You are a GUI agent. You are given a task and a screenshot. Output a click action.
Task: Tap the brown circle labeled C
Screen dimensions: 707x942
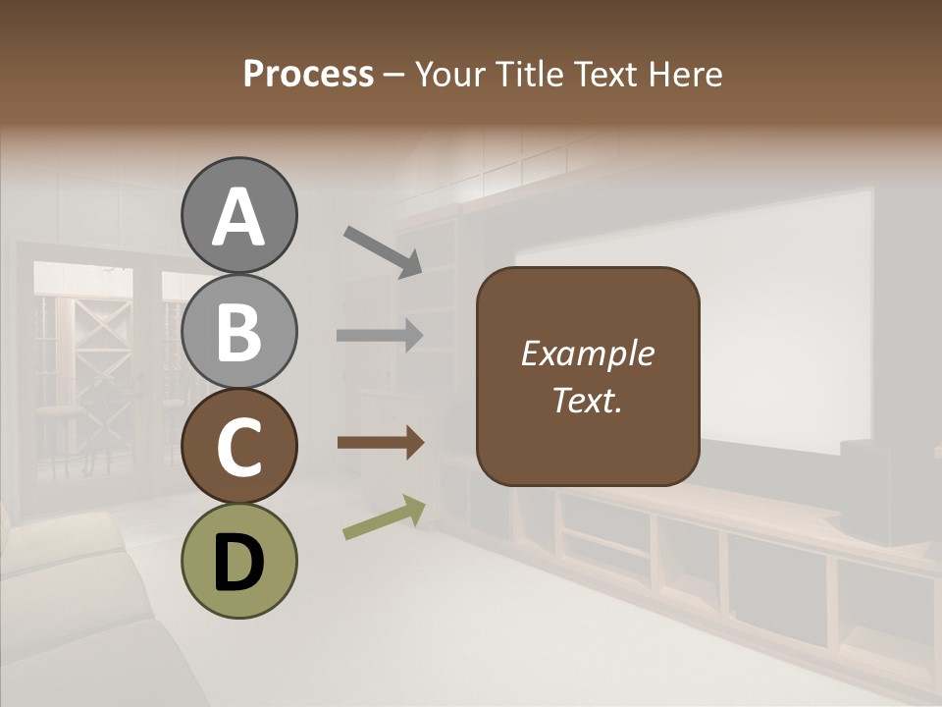point(238,447)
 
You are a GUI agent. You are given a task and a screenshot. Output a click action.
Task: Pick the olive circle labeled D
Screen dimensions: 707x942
point(238,561)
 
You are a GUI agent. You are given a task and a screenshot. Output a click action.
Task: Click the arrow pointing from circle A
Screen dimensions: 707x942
point(382,250)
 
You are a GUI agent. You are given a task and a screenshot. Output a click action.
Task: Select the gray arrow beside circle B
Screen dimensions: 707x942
point(380,335)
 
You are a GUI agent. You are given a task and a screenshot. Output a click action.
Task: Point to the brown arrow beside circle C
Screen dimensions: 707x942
point(380,443)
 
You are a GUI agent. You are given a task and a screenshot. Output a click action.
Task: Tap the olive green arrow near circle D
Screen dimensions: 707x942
point(384,517)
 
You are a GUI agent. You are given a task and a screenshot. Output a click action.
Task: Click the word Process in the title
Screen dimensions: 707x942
point(308,75)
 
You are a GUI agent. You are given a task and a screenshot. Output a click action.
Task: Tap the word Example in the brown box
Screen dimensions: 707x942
point(587,353)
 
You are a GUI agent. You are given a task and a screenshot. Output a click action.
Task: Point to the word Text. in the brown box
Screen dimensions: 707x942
point(587,401)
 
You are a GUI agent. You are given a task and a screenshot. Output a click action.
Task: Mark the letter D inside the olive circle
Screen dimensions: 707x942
point(238,563)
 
